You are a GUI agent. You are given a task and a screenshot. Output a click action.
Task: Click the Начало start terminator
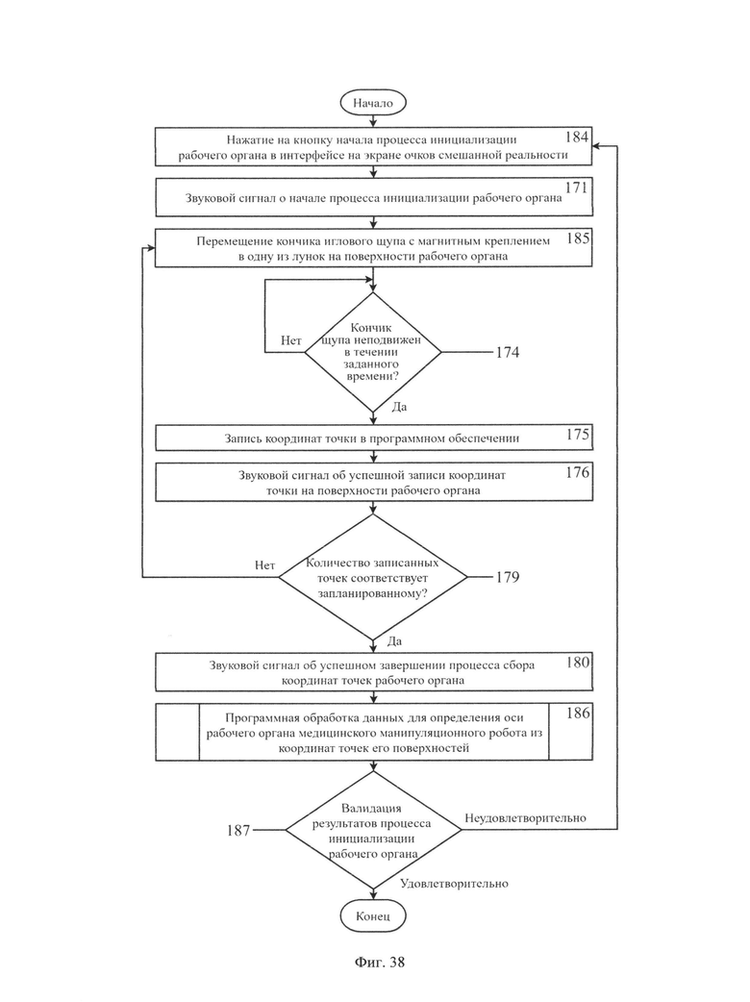tap(373, 103)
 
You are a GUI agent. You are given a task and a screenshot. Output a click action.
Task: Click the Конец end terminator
tap(373, 915)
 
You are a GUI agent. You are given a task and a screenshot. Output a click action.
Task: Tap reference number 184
tap(577, 137)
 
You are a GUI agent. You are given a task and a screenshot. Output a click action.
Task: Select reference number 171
tap(577, 188)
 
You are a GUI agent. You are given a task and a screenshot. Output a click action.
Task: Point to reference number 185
tap(578, 238)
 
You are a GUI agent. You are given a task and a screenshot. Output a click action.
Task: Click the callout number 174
tap(508, 352)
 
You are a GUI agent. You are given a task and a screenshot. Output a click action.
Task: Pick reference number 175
tap(578, 435)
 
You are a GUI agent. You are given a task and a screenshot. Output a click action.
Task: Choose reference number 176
tap(578, 472)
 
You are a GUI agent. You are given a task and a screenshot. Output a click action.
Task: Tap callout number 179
tap(508, 577)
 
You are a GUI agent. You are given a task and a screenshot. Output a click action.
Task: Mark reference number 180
tap(578, 662)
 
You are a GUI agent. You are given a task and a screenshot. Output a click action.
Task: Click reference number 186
tap(578, 714)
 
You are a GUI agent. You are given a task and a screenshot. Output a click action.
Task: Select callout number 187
tap(238, 830)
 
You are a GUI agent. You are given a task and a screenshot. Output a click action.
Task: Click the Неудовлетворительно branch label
tap(525, 818)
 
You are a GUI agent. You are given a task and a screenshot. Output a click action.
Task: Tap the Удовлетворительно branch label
tap(454, 884)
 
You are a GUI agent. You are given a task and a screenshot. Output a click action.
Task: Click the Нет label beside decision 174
tap(291, 340)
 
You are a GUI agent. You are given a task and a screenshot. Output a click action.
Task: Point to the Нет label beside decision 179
tap(265, 564)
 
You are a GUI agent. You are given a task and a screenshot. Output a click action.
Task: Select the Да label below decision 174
tap(399, 407)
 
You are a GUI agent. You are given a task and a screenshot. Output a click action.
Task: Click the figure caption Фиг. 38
tap(380, 963)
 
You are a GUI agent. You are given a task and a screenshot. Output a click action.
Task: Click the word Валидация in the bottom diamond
tap(371, 809)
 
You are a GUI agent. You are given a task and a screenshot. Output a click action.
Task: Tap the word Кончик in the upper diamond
tap(371, 328)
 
